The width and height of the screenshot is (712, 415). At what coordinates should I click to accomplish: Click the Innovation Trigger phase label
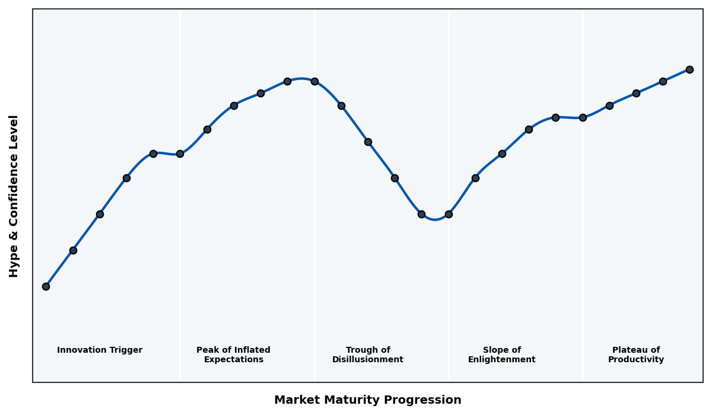coord(100,350)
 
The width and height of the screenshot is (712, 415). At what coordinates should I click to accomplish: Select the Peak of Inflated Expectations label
coord(233,355)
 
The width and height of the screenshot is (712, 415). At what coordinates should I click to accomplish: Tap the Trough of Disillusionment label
coord(368,355)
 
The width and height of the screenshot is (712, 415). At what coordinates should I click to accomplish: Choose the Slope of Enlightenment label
coord(502,355)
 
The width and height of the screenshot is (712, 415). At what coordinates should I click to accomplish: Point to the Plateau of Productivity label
coord(636,355)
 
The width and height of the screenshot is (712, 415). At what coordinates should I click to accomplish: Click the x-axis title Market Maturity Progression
coord(368,400)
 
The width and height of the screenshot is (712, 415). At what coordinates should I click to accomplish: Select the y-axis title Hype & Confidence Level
coord(14,196)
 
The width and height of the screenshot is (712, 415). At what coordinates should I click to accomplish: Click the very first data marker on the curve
coord(46,286)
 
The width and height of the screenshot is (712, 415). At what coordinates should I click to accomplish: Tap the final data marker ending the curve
coord(689,69)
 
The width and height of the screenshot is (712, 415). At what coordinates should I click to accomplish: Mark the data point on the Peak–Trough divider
coord(314,81)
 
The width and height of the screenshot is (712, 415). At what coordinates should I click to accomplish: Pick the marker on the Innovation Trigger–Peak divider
coord(180,154)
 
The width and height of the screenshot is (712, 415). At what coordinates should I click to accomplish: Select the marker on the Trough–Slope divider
coord(449,214)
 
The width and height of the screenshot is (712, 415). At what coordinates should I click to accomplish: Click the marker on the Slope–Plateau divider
coord(583,117)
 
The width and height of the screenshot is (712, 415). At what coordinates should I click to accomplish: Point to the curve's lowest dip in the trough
coord(435,219)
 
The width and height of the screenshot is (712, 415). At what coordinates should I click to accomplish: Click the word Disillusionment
coord(368,360)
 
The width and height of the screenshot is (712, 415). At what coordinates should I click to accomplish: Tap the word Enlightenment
coord(502,360)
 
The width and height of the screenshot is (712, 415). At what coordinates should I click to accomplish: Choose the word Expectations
coord(233,360)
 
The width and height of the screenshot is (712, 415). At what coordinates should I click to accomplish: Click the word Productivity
coord(636,360)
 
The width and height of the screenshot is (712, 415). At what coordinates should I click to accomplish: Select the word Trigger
coord(126,350)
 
